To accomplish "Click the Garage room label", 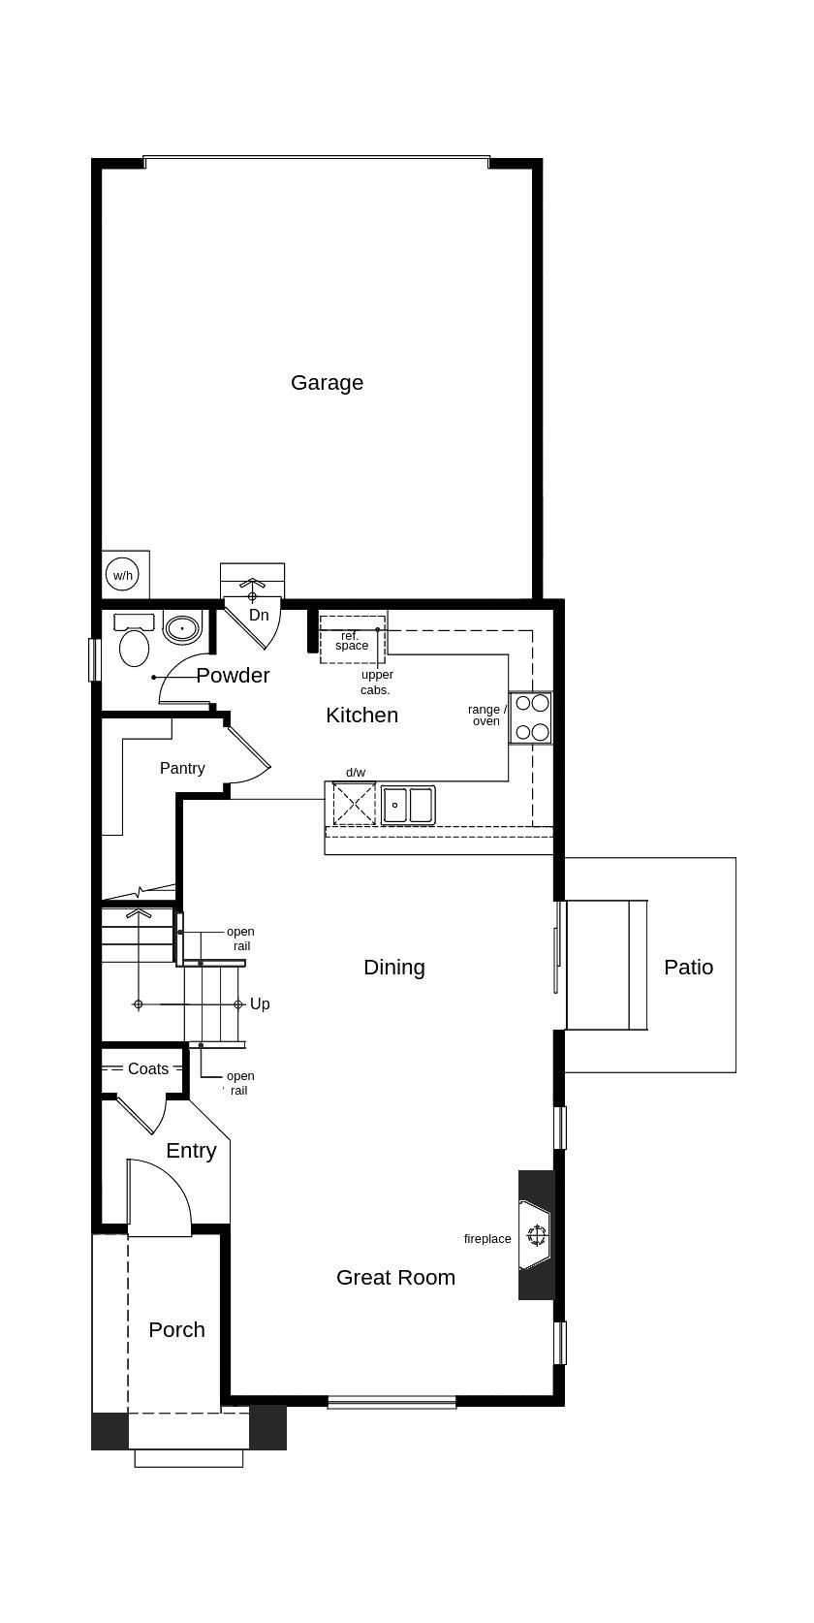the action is pyautogui.click(x=327, y=383).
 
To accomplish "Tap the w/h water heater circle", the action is pyautogui.click(x=123, y=575).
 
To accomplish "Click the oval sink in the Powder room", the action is pyautogui.click(x=182, y=628).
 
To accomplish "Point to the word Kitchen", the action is pyautogui.click(x=361, y=716).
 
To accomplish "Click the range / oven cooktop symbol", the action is pyautogui.click(x=532, y=717).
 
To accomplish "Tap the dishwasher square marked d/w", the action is pyautogui.click(x=354, y=803).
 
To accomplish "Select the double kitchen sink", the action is pyautogui.click(x=408, y=805).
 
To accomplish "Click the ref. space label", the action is pyautogui.click(x=351, y=641).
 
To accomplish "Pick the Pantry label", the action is pyautogui.click(x=182, y=768).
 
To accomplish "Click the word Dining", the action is pyautogui.click(x=394, y=968).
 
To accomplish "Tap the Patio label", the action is pyautogui.click(x=688, y=968).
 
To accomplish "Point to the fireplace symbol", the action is pyautogui.click(x=536, y=1234).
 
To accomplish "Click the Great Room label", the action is pyautogui.click(x=395, y=1278).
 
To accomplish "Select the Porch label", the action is pyautogui.click(x=176, y=1329).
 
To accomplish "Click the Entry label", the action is pyautogui.click(x=191, y=1151).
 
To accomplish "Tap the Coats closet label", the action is pyautogui.click(x=147, y=1068).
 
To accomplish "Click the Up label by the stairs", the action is pyautogui.click(x=260, y=1004).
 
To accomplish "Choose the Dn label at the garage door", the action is pyautogui.click(x=259, y=615).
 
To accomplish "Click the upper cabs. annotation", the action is pyautogui.click(x=377, y=683).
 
